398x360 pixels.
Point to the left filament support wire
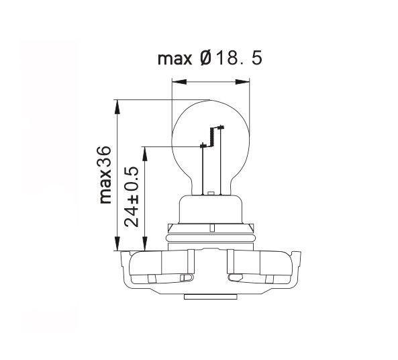(x=203, y=168)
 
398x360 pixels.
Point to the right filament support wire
(x=219, y=161)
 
